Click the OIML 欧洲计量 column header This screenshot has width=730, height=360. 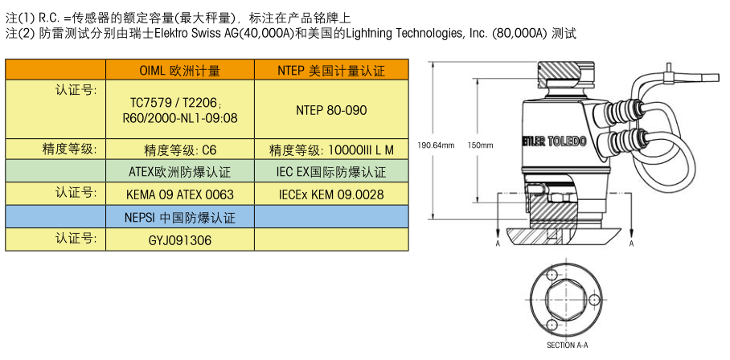180,70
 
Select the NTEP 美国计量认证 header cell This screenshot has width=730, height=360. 331,70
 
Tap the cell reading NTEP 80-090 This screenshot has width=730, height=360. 331,110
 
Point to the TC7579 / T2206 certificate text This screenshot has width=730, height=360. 180,102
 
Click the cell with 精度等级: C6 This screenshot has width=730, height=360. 180,149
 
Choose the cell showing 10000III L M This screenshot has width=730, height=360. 331,149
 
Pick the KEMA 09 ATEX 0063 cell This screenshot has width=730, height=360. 180,194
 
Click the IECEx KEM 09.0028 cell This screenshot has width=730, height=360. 331,194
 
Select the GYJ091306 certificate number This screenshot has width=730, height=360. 180,240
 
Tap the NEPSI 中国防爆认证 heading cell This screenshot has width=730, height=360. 180,217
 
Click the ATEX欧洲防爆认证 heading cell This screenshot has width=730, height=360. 180,172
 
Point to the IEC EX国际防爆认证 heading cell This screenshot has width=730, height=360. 331,172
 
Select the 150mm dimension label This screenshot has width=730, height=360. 480,145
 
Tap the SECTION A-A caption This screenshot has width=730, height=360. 567,345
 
